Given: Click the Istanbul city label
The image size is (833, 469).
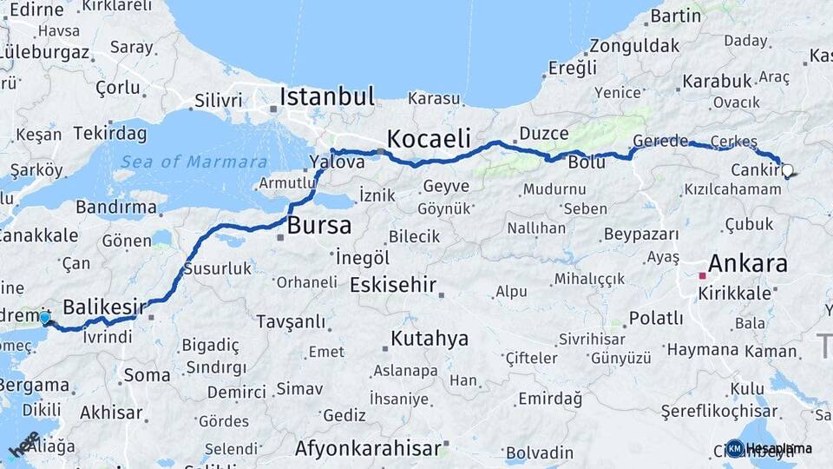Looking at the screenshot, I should click(326, 96).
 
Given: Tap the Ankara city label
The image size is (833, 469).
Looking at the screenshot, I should click(747, 264).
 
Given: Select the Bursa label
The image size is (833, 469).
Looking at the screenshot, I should click(318, 227).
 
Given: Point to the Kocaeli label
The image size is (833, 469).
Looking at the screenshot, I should click(429, 138).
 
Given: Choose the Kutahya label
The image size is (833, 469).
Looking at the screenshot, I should click(430, 339).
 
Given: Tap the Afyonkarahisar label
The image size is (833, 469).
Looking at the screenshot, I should click(368, 449).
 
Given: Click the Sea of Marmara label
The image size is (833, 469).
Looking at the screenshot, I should click(193, 162).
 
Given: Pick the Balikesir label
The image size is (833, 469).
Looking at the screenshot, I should click(103, 307).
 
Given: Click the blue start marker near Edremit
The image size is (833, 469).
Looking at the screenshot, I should click(44, 318).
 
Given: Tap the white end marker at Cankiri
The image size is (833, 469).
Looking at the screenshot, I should click(787, 170).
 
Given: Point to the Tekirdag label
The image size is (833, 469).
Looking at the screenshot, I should click(110, 133).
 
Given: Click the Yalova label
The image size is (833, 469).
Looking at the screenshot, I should click(337, 162).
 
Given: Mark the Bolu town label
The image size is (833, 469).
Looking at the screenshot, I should click(586, 162).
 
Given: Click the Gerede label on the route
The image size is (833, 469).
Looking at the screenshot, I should click(660, 141).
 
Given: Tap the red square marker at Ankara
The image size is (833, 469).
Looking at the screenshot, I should click(703, 276).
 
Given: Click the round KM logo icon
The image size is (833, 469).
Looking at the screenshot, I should click(735, 448).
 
